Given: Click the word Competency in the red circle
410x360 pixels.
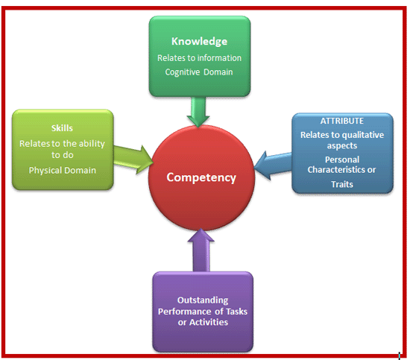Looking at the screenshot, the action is [201, 178].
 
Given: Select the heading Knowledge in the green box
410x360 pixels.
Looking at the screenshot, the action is [199, 42].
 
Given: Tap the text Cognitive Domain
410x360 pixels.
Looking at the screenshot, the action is [199, 72].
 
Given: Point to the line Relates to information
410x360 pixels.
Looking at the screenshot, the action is [199, 58].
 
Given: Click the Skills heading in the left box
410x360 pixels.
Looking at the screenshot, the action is [62, 128].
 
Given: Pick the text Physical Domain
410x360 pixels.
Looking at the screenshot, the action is [63, 171].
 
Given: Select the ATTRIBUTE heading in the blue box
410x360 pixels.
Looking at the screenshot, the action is [342, 121].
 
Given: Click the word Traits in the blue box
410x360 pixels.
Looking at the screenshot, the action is [342, 184].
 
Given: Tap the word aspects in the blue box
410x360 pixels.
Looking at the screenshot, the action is [342, 146].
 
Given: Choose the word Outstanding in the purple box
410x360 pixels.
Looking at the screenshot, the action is [203, 300].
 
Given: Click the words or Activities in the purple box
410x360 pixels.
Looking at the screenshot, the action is [203, 322].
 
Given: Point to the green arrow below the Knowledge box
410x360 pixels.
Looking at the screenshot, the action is [198, 112].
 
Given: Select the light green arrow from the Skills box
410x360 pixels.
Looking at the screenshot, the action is [133, 160].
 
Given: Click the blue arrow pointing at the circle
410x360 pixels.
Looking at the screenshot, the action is [273, 165].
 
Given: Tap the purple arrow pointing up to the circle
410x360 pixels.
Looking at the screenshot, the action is [201, 250].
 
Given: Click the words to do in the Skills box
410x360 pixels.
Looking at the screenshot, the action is [63, 155].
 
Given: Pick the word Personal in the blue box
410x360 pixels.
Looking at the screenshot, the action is [342, 160].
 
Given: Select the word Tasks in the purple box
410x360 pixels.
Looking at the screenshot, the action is [236, 312].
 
